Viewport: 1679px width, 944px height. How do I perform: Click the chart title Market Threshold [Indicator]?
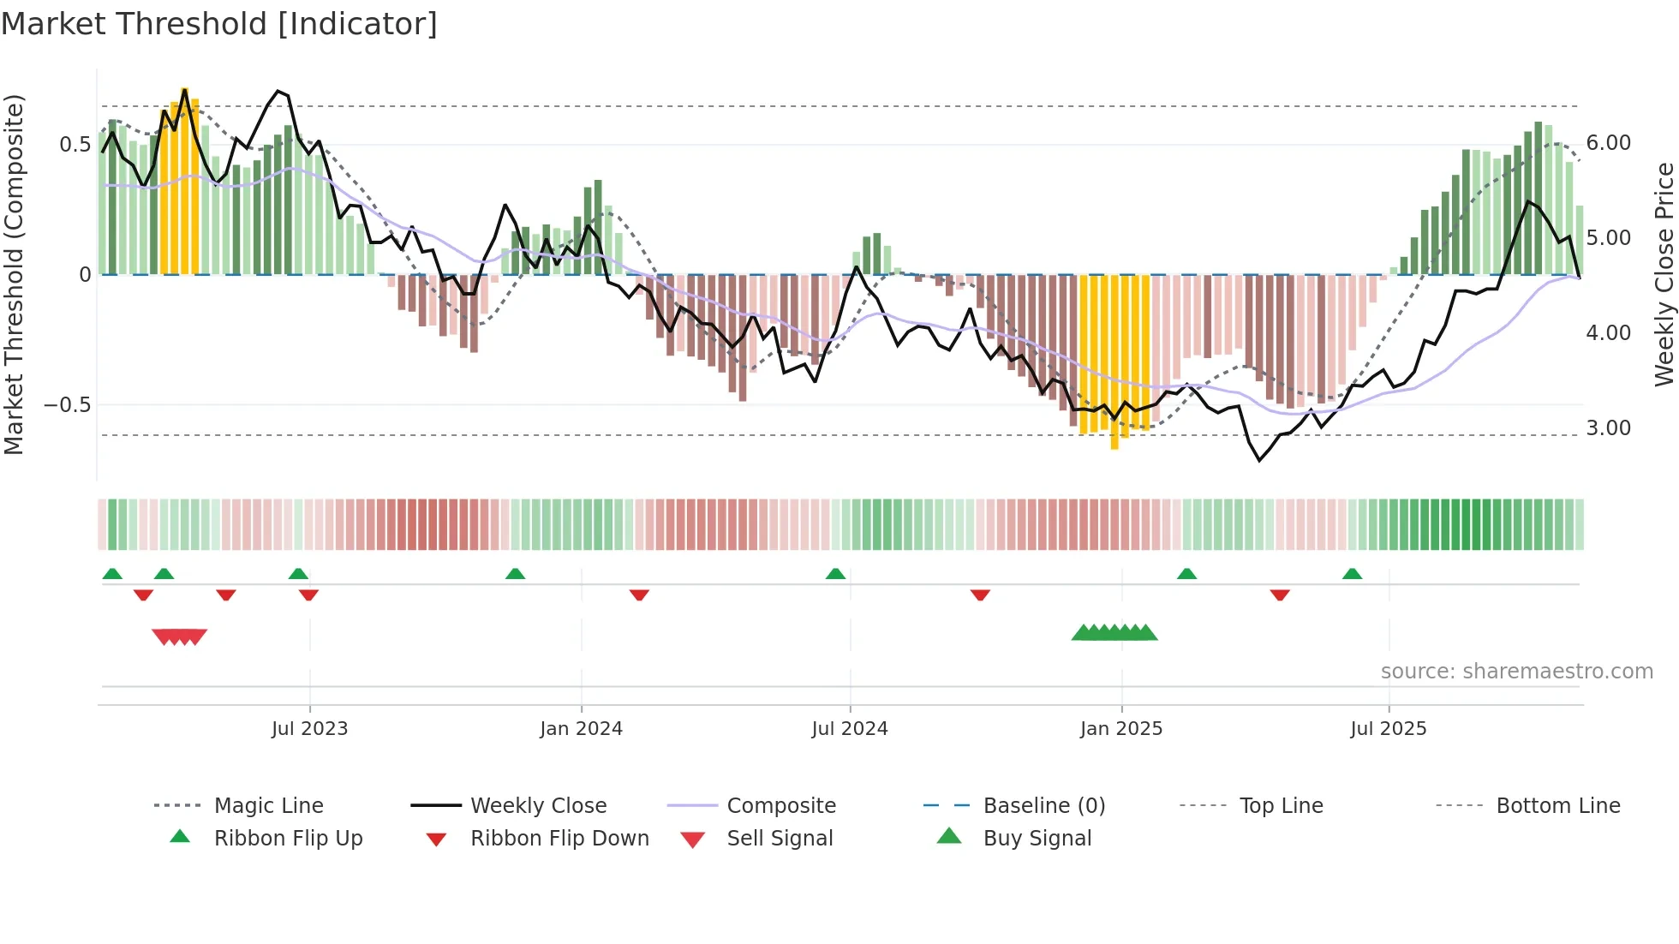(219, 24)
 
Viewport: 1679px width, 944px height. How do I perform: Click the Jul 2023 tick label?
(309, 729)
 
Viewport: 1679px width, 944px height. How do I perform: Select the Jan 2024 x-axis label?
(581, 729)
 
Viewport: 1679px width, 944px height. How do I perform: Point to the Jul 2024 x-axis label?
(850, 729)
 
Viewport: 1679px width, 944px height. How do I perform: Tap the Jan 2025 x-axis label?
(1121, 729)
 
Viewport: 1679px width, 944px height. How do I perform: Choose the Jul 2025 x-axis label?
(1389, 729)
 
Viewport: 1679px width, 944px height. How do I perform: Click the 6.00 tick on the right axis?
(1608, 143)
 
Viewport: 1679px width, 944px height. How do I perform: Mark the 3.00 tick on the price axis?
(1608, 428)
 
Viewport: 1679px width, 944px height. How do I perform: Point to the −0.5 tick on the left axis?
(68, 405)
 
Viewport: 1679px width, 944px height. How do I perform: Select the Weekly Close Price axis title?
(1664, 274)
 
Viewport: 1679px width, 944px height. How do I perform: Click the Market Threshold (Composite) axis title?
(15, 274)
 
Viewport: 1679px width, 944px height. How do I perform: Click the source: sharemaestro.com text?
(1516, 672)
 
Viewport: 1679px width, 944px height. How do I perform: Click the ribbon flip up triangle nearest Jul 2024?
(835, 574)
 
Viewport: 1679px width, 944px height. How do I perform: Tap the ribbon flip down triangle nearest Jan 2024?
(639, 594)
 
